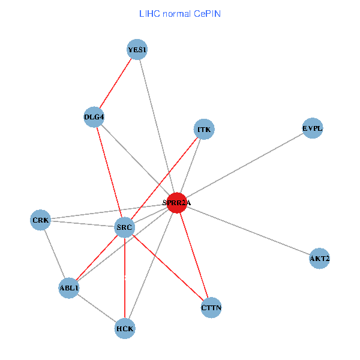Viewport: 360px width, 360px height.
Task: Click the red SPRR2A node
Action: click(176, 203)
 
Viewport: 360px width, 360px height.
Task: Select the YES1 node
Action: click(137, 50)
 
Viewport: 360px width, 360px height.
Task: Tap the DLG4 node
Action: click(95, 116)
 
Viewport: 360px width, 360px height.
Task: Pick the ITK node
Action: click(205, 129)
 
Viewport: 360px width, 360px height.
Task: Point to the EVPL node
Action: click(312, 128)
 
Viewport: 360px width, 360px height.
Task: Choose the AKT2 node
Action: click(319, 259)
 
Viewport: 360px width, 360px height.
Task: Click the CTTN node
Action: click(211, 308)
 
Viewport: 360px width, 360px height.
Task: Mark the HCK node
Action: click(125, 328)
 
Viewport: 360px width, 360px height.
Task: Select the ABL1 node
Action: click(69, 288)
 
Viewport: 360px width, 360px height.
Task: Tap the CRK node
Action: click(40, 220)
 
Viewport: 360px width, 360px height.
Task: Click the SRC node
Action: click(124, 228)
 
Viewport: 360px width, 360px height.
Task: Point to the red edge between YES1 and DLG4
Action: click(116, 83)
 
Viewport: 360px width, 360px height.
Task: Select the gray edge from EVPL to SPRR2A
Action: click(244, 166)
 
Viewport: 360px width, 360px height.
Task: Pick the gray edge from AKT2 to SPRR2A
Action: click(248, 231)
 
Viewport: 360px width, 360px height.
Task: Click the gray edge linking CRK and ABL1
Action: click(55, 254)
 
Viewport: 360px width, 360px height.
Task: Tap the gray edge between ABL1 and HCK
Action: click(97, 308)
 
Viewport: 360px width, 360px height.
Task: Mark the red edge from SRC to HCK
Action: click(124, 278)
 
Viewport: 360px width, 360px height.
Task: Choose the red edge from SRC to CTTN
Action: click(167, 268)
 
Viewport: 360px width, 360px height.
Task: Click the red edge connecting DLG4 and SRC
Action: click(109, 172)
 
